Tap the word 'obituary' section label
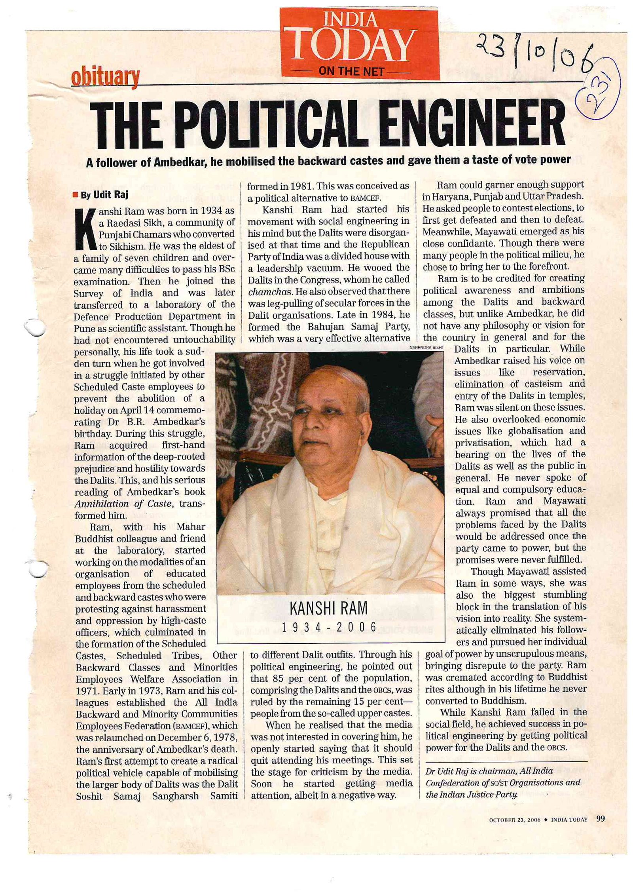point(105,77)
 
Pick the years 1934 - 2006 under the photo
point(329,626)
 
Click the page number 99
point(600,819)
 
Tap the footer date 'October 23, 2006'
point(515,820)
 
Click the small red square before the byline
point(76,195)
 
